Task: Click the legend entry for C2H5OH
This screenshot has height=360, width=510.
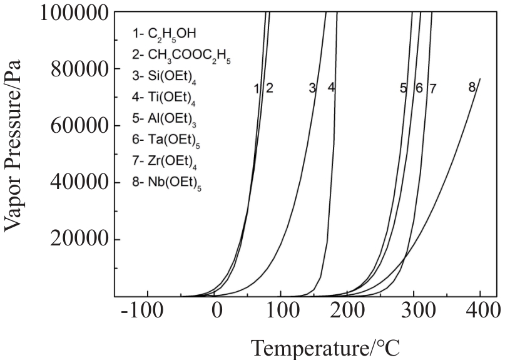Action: (166, 32)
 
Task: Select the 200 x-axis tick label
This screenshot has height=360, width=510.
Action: (348, 311)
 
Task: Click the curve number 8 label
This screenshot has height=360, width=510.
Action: (472, 88)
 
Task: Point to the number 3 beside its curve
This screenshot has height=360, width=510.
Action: (312, 88)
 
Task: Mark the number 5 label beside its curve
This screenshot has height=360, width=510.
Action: (404, 88)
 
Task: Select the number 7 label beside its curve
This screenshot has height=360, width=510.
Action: (431, 88)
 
